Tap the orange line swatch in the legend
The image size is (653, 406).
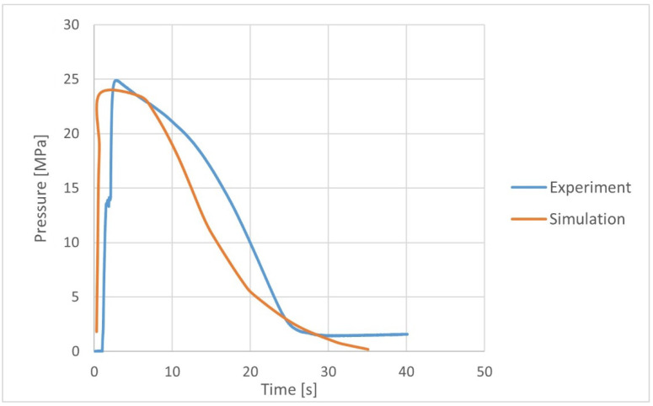(526, 218)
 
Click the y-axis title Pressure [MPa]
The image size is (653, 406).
(40, 188)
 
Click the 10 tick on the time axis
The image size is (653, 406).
(172, 371)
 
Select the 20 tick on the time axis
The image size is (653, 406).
(250, 371)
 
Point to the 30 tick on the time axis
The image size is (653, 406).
(329, 371)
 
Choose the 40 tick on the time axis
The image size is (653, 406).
(407, 371)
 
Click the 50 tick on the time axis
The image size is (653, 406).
(484, 371)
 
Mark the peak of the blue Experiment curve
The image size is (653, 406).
(116, 80)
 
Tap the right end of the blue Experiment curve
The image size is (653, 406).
(407, 334)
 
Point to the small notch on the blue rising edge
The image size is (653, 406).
(109, 202)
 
